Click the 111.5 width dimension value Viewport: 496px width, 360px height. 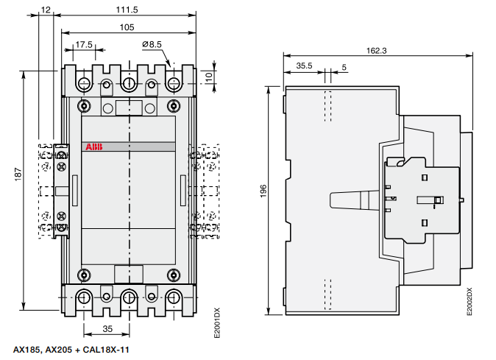(127, 10)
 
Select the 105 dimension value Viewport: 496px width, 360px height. (127, 27)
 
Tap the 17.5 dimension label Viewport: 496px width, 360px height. (84, 45)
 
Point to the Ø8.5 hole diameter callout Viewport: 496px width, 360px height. (152, 44)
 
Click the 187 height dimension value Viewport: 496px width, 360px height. (18, 174)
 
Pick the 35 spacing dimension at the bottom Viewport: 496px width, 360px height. (107, 329)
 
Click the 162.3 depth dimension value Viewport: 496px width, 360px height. (377, 51)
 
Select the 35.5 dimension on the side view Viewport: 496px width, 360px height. (304, 66)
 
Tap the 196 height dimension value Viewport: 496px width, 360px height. (263, 191)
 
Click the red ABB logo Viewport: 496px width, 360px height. (94, 147)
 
